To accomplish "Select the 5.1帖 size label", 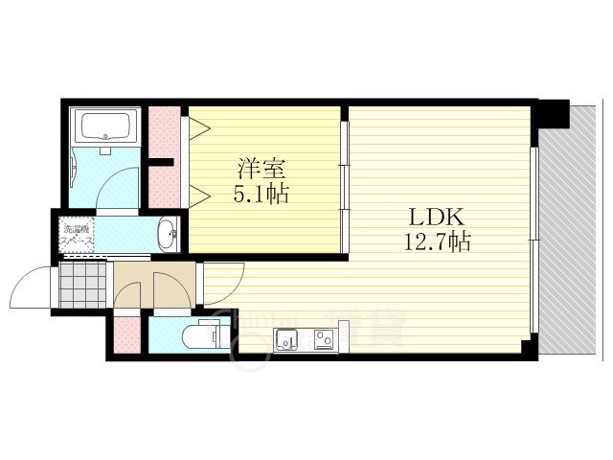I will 261,193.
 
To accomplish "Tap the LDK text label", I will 435,217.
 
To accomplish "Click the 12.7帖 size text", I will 437,241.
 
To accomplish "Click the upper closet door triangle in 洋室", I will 199,127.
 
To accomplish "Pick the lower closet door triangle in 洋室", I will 199,196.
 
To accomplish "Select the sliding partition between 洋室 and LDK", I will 344,181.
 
